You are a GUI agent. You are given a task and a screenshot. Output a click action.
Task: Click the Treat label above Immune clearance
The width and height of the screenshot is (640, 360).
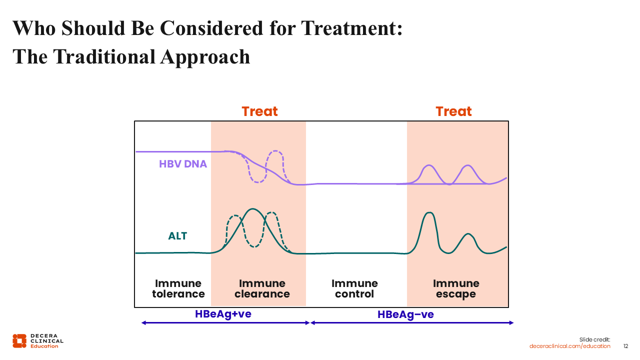click(x=259, y=111)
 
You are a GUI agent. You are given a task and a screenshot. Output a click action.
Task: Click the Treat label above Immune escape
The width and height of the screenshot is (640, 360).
click(x=453, y=111)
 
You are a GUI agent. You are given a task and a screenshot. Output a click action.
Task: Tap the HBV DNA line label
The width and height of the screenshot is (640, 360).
click(x=183, y=164)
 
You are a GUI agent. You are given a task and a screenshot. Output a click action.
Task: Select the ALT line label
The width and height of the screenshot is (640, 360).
click(x=177, y=236)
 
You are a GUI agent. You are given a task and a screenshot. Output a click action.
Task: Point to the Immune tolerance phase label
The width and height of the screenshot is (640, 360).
click(x=178, y=289)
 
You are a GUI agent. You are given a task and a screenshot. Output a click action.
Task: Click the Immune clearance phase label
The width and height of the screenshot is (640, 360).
click(x=262, y=289)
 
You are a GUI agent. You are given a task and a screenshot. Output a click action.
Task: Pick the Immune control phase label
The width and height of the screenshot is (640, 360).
click(x=354, y=289)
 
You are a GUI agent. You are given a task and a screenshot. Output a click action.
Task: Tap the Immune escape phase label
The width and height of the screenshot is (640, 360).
click(x=456, y=289)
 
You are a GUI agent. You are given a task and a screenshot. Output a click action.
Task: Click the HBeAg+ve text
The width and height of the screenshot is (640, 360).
click(x=223, y=314)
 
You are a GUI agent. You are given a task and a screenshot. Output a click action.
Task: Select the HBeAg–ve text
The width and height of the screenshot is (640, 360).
click(x=405, y=314)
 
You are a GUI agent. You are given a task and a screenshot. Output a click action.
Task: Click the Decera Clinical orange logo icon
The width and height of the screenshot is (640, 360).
click(x=19, y=340)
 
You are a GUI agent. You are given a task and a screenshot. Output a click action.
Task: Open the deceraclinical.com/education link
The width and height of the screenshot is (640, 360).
click(x=570, y=346)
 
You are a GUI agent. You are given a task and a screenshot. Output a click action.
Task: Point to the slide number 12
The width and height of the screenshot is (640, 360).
click(x=625, y=346)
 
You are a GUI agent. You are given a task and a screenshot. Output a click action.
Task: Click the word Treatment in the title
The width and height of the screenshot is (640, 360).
click(x=351, y=28)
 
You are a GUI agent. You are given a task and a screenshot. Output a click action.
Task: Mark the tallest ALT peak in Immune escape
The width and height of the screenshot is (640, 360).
click(x=428, y=213)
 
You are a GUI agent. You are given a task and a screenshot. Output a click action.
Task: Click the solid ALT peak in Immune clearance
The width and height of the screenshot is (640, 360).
click(x=253, y=209)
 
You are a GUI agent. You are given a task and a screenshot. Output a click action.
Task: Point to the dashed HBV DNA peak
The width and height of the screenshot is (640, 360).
click(x=275, y=151)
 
